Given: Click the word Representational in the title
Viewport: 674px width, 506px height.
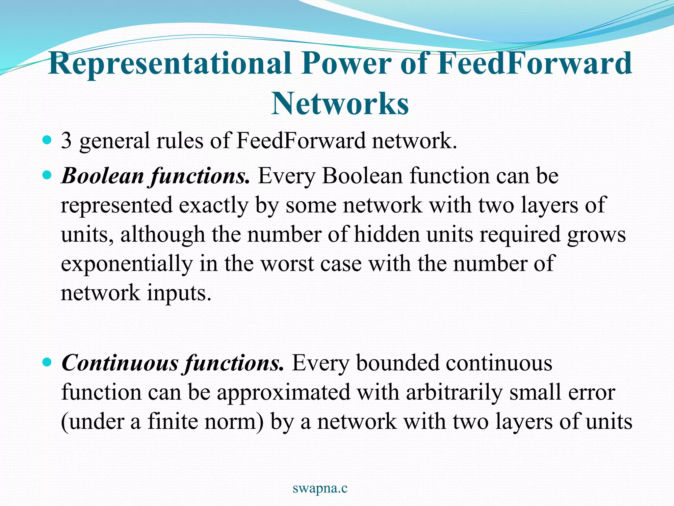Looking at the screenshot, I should pyautogui.click(x=169, y=64).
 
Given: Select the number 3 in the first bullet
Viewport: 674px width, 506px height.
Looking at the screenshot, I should pyautogui.click(x=66, y=141).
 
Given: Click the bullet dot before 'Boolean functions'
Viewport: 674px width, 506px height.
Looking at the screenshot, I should pyautogui.click(x=47, y=176).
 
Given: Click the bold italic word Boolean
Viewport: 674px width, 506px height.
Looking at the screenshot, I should pyautogui.click(x=103, y=176).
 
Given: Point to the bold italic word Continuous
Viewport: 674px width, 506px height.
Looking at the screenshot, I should pyautogui.click(x=120, y=363).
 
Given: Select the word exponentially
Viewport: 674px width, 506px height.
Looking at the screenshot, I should pyautogui.click(x=127, y=264).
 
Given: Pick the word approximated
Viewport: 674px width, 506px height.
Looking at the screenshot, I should pyautogui.click(x=283, y=393).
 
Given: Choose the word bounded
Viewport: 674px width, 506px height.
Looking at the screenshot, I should pyautogui.click(x=398, y=363).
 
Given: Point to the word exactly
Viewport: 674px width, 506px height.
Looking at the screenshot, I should pyautogui.click(x=214, y=205).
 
